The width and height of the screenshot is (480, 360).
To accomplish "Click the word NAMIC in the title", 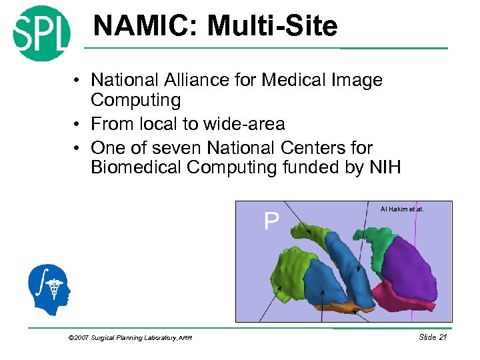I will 146,27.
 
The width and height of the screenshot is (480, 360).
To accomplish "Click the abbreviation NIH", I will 385,167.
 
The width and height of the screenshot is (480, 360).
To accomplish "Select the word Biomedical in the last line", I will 136,167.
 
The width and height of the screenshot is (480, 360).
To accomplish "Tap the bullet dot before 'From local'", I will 78,125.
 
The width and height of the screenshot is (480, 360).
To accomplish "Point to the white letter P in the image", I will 271,221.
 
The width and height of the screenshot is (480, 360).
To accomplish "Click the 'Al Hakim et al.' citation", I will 401,209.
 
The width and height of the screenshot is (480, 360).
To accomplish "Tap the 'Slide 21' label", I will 432,337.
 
